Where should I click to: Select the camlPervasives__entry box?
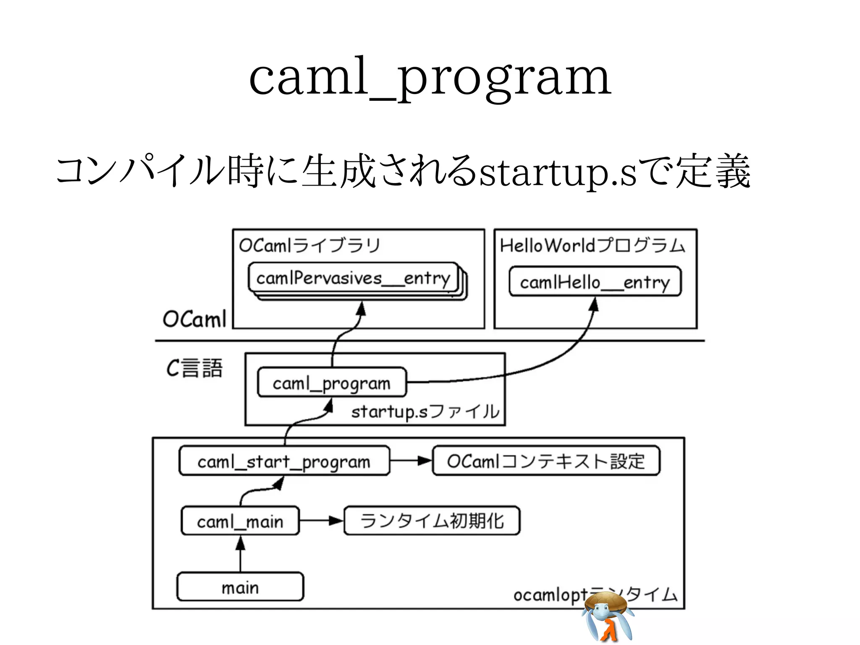click(x=353, y=278)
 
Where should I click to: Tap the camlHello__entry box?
click(x=595, y=282)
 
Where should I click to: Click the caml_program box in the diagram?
click(x=332, y=383)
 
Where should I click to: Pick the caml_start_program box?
click(x=284, y=461)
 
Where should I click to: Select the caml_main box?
click(x=240, y=521)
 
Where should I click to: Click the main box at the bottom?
click(x=240, y=587)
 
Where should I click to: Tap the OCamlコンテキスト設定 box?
click(x=546, y=461)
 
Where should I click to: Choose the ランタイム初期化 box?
click(x=432, y=521)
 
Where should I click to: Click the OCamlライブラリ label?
click(x=310, y=245)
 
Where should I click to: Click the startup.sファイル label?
click(x=425, y=412)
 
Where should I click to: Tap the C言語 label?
click(x=194, y=368)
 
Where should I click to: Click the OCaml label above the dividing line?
click(x=194, y=319)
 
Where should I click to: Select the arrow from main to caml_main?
click(x=240, y=554)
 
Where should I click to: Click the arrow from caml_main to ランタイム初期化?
click(x=321, y=521)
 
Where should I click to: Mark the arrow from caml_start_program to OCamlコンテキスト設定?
click(x=411, y=461)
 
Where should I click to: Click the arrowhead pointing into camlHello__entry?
click(x=593, y=304)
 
